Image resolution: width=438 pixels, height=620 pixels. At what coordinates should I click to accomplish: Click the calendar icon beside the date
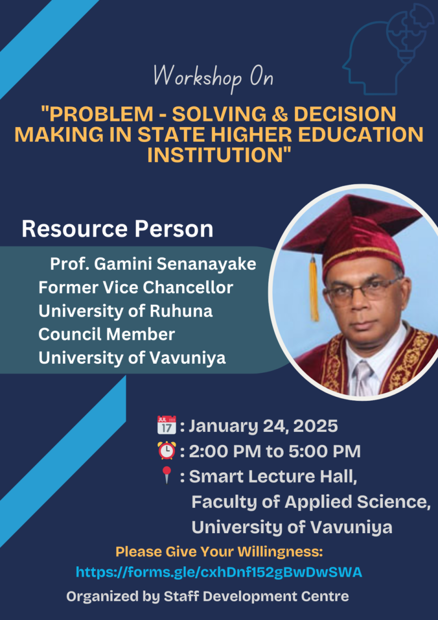[166, 425]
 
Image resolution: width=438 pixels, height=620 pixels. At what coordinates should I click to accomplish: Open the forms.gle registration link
[219, 572]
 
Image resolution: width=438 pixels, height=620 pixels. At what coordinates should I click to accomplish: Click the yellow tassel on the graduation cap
[314, 289]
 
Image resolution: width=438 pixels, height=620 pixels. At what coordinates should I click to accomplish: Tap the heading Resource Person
[118, 229]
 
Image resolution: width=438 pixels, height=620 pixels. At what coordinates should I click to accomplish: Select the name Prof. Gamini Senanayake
[153, 264]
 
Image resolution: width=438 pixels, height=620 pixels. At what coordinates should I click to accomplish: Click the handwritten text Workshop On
[213, 77]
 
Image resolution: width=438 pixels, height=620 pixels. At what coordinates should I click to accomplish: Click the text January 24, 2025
[263, 425]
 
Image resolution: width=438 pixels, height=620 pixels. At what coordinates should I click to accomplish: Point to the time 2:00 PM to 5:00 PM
[275, 451]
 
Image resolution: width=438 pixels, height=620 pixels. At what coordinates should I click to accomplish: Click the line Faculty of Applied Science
[311, 502]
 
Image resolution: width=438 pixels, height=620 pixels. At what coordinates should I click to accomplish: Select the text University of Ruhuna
[126, 311]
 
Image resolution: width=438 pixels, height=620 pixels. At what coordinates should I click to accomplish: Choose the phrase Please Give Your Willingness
[220, 552]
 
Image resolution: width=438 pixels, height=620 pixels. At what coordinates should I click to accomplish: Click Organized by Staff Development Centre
[208, 596]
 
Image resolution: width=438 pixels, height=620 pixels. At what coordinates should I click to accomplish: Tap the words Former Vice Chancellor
[136, 287]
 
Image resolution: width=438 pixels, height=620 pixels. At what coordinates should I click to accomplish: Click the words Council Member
[107, 334]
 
